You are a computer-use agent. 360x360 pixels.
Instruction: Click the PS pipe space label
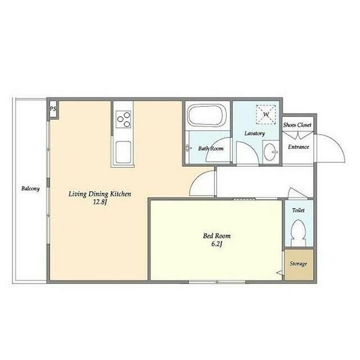point(53,109)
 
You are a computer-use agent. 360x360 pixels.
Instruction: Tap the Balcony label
point(30,189)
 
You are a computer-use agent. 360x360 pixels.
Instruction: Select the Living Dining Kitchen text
point(100,194)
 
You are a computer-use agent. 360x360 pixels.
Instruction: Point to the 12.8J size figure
point(100,202)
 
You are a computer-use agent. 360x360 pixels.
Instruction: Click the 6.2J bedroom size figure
point(216,244)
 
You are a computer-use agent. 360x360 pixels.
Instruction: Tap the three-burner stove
point(123,119)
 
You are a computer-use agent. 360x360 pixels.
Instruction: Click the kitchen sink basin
point(123,152)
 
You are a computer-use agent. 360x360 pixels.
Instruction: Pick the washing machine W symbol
point(266,114)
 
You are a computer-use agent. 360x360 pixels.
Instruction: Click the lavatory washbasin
point(271,152)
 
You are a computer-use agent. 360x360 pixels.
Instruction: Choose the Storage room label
point(298,264)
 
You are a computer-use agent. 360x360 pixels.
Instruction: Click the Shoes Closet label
point(298,125)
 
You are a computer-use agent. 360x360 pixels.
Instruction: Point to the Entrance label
point(299,147)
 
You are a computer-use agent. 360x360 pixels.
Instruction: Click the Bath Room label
point(211,148)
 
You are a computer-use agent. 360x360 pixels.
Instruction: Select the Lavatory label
point(255,133)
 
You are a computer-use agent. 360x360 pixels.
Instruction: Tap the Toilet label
point(299,210)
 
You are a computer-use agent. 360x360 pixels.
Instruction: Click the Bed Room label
point(217,236)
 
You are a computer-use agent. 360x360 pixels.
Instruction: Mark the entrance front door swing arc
point(338,143)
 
